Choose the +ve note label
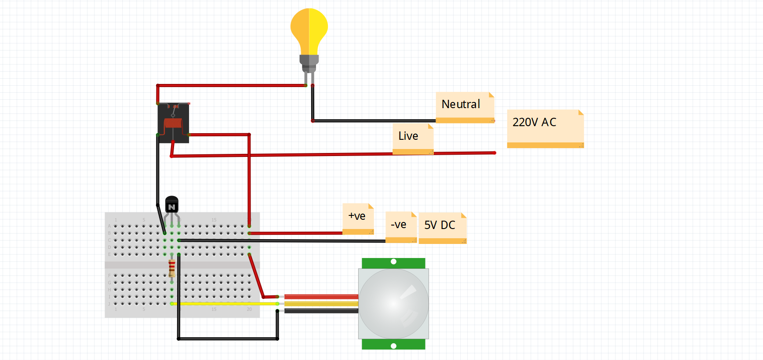tap(358, 217)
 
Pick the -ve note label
tap(400, 225)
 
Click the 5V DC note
tap(442, 226)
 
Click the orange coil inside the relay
tap(173, 123)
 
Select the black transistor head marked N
tap(171, 205)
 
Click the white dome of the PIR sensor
tap(393, 303)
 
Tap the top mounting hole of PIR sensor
tap(393, 262)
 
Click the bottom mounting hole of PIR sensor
tap(393, 346)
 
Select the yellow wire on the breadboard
tap(224, 304)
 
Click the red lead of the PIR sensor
tap(321, 297)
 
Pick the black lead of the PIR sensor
tap(321, 311)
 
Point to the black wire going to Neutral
tap(374, 120)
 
